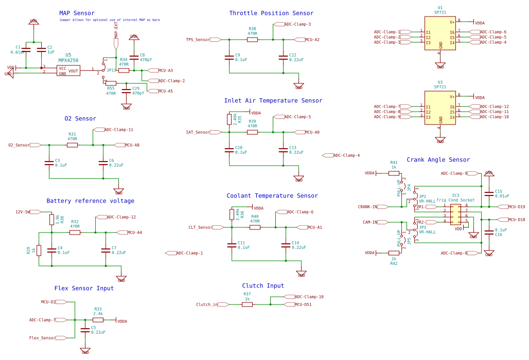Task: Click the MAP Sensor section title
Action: (77, 13)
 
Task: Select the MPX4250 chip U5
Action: (68, 70)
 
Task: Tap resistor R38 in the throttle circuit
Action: (252, 40)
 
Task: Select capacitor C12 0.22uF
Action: (283, 58)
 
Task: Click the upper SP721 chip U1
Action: (440, 33)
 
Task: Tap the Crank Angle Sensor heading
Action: (438, 160)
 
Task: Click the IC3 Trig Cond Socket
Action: (456, 214)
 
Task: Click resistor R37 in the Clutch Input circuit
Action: (247, 304)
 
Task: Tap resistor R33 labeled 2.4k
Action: (98, 320)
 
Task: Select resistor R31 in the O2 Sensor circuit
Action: (72, 145)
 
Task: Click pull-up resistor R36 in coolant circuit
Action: (232, 214)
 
